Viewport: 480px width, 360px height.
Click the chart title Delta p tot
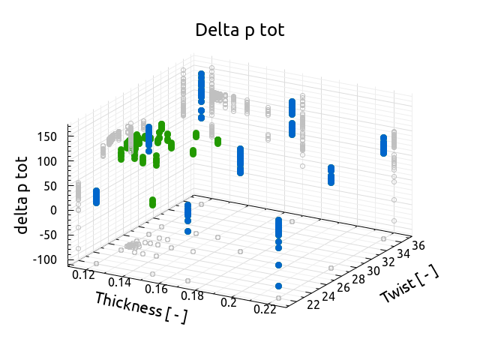(x=239, y=30)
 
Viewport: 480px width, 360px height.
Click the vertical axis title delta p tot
(x=22, y=195)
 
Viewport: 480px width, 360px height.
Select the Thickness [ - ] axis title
(x=140, y=307)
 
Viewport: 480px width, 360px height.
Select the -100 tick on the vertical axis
(x=46, y=259)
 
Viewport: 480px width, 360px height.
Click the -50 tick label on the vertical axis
(x=49, y=234)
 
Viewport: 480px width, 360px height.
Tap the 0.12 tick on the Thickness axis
(x=83, y=275)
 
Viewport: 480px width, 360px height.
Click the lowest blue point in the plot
(x=278, y=286)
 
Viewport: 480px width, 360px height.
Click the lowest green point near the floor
(x=153, y=204)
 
